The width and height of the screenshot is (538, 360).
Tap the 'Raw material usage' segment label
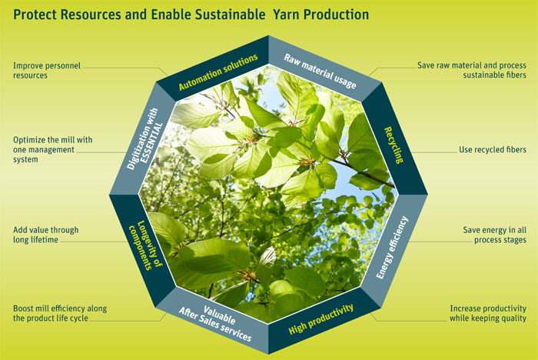coord(320,71)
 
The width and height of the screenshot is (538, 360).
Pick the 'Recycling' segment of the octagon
coord(394,145)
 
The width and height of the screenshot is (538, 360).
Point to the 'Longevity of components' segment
coord(145,245)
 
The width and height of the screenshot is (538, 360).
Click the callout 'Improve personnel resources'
coord(47,71)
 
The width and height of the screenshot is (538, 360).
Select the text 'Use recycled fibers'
coord(493,149)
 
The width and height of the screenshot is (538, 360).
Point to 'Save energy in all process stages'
coord(494,235)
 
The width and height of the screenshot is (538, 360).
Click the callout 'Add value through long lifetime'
coord(45,235)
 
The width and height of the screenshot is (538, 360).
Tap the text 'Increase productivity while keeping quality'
coord(488,313)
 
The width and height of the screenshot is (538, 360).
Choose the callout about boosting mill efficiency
coord(60,313)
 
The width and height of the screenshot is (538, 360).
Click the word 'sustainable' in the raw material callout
coord(483,75)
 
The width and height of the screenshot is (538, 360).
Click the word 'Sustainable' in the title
coord(231,15)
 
